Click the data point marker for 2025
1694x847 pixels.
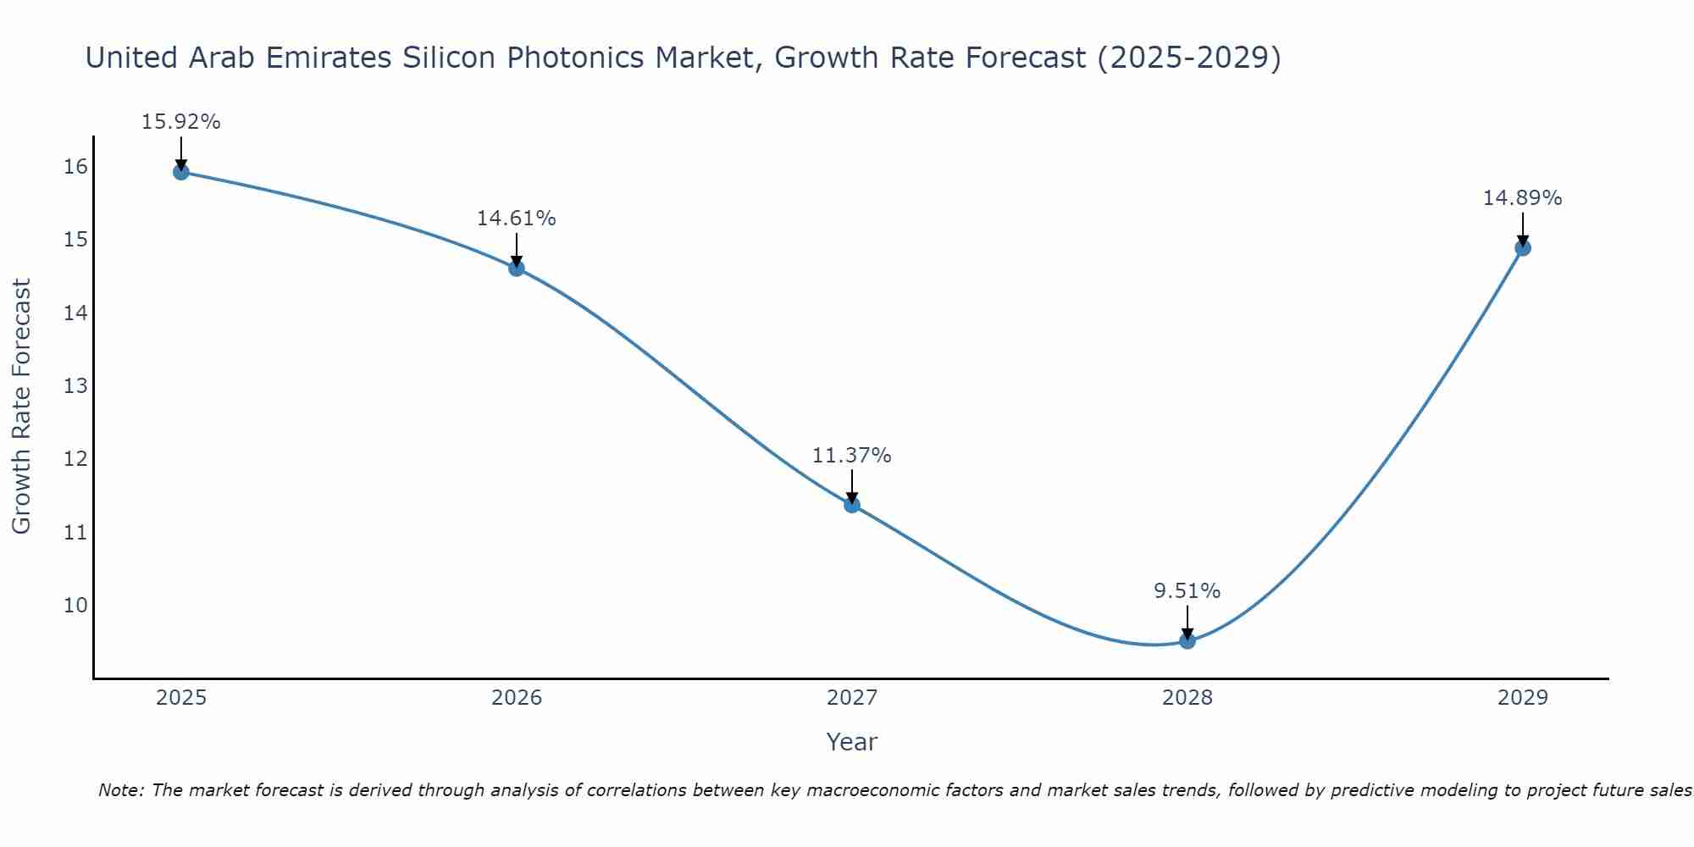tap(180, 172)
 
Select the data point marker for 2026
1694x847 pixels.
tap(517, 268)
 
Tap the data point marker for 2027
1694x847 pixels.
tap(852, 506)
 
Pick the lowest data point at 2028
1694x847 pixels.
tap(1187, 641)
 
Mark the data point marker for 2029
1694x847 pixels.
tap(1523, 248)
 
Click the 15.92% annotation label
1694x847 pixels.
tap(180, 122)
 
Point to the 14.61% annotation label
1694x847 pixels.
tap(517, 219)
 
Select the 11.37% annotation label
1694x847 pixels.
tap(852, 456)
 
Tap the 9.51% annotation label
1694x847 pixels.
tap(1187, 591)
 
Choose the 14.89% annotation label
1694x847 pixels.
tap(1523, 198)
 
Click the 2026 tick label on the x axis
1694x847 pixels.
tap(517, 698)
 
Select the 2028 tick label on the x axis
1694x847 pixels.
tap(1187, 698)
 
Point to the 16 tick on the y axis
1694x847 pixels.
tap(76, 167)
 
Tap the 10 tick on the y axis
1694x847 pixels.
tap(76, 606)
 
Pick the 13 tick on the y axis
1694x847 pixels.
tap(76, 386)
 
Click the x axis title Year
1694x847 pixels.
tap(852, 742)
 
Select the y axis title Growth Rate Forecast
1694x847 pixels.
tap(21, 407)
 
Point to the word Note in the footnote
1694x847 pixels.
tap(121, 791)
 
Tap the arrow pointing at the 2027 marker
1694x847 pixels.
tap(852, 486)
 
